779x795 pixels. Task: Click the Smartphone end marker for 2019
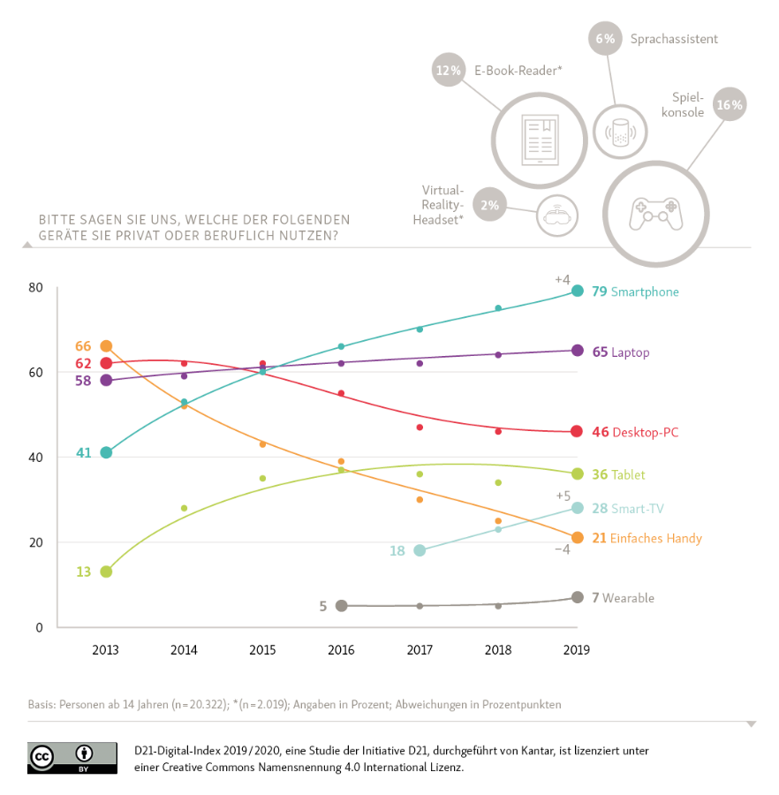click(x=577, y=291)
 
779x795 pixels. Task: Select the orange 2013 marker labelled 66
click(x=106, y=346)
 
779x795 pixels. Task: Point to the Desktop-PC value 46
click(x=601, y=432)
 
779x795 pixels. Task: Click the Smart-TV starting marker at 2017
click(x=420, y=550)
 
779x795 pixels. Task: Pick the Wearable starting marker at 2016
click(x=342, y=606)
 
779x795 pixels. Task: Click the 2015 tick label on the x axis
click(x=262, y=650)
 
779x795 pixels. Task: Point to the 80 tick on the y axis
click(x=35, y=288)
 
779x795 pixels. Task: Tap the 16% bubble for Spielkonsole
click(x=730, y=105)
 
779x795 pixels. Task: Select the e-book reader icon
click(x=538, y=140)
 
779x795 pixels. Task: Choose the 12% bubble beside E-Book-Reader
click(x=449, y=71)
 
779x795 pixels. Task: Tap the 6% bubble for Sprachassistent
click(x=605, y=39)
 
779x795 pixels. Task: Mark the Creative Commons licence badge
click(x=72, y=757)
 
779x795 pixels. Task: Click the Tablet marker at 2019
click(x=577, y=474)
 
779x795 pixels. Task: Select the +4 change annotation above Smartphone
click(x=563, y=279)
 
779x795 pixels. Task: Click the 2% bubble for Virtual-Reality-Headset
click(x=490, y=205)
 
